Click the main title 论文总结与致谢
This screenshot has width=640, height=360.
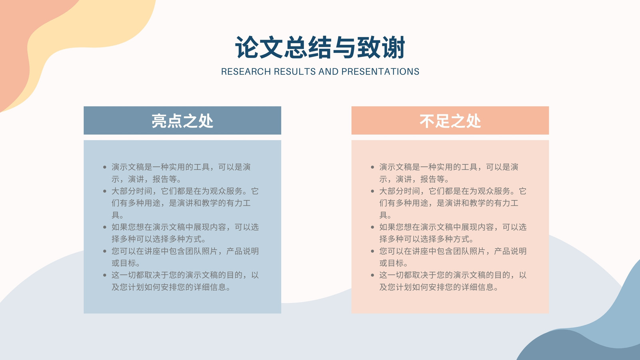(x=320, y=48)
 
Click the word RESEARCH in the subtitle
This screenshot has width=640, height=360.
(x=246, y=72)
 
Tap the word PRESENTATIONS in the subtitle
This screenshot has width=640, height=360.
(x=380, y=72)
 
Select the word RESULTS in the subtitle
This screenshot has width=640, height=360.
(x=294, y=72)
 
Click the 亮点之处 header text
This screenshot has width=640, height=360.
(x=182, y=121)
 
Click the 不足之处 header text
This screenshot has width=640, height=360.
(x=450, y=121)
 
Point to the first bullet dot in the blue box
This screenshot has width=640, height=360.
(x=105, y=167)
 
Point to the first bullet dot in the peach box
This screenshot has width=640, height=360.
(x=372, y=167)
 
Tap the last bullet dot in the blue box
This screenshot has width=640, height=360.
(x=105, y=275)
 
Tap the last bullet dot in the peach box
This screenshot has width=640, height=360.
(x=372, y=275)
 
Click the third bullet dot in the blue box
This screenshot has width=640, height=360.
(x=105, y=227)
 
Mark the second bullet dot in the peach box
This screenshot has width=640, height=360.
(x=372, y=191)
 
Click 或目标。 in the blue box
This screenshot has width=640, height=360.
(x=126, y=263)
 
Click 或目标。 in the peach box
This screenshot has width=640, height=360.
(x=394, y=263)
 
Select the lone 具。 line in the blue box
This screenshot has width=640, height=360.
(x=118, y=215)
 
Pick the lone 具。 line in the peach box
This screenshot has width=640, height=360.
(x=385, y=215)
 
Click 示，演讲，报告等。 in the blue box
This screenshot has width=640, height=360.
(x=146, y=179)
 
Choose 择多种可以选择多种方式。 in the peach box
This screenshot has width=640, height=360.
(x=426, y=239)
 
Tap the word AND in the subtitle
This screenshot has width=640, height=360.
(x=328, y=72)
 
